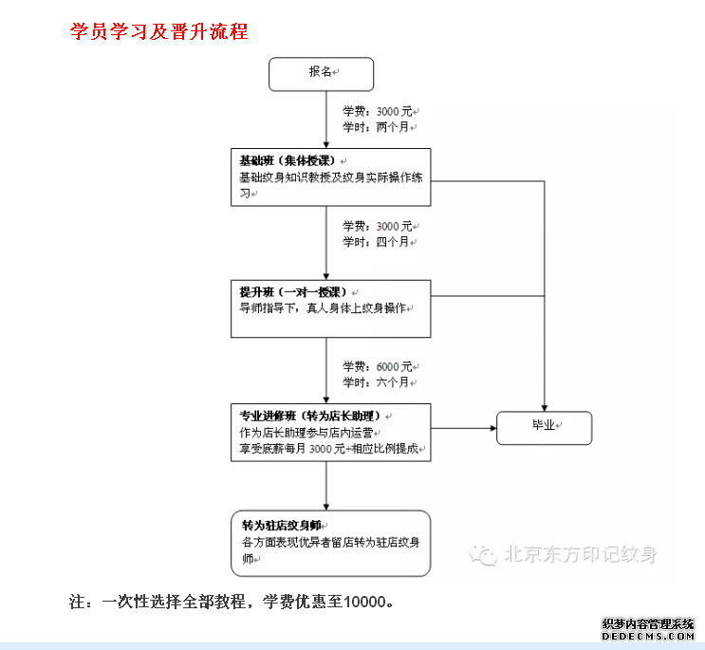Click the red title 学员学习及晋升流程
159,31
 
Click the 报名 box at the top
321,72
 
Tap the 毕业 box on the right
544,428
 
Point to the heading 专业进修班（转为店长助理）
310,416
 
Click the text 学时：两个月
379,126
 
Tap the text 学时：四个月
379,242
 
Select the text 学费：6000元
379,366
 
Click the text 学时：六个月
379,381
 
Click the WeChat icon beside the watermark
486,555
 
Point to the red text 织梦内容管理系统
649,624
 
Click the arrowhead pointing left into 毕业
492,428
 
